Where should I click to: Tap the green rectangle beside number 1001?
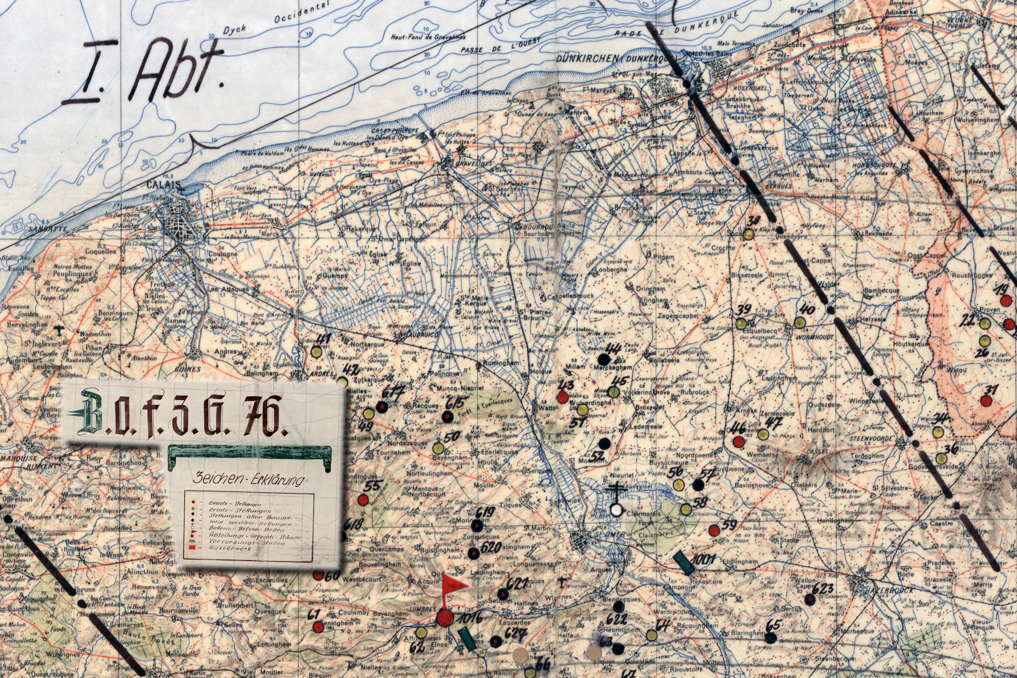click(x=683, y=563)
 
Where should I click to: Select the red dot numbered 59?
click(x=714, y=530)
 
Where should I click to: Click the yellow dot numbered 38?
click(x=748, y=234)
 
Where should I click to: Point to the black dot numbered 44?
click(x=604, y=359)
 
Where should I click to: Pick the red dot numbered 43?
click(x=563, y=397)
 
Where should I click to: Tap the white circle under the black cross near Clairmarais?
click(x=616, y=510)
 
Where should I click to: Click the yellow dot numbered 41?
click(x=316, y=351)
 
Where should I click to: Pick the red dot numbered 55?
click(x=364, y=499)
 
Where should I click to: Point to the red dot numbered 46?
click(x=739, y=441)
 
